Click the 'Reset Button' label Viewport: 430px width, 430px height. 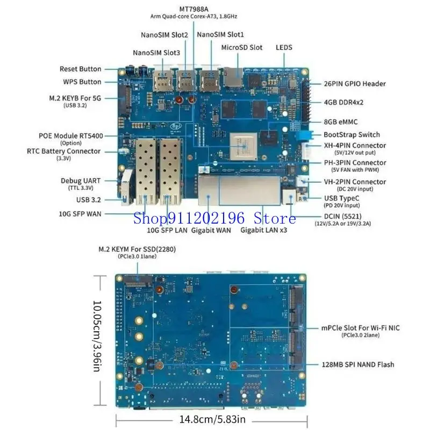click(x=80, y=69)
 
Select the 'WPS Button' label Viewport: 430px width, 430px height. click(x=82, y=82)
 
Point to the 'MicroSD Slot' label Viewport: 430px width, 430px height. click(x=242, y=47)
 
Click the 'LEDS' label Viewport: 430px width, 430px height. click(x=284, y=47)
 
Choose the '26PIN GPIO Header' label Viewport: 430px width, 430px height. click(x=355, y=84)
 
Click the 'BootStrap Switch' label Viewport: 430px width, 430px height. click(x=352, y=134)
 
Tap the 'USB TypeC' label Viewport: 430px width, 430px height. click(x=343, y=198)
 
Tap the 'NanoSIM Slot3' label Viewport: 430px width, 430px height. click(x=156, y=53)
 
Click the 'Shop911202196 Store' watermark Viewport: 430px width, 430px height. click(x=215, y=218)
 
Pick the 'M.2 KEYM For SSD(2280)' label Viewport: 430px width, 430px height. click(x=137, y=249)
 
